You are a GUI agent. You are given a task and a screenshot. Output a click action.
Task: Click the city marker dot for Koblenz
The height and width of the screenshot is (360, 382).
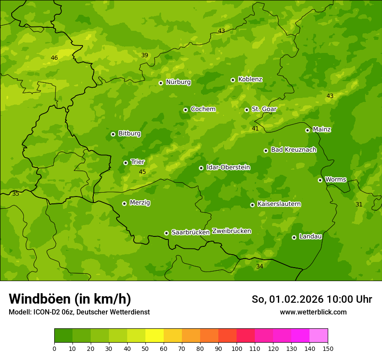[233, 80]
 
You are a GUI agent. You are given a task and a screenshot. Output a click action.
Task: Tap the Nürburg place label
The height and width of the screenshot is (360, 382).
[178, 82]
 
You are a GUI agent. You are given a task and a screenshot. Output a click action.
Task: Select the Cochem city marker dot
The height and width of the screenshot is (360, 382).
[185, 110]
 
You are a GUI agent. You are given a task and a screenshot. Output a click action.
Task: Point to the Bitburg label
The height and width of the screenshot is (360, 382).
[129, 134]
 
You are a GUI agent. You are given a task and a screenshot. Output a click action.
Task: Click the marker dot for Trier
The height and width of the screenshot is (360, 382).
[125, 163]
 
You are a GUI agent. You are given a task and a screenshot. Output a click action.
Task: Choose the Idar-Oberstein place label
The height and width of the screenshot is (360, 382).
[228, 167]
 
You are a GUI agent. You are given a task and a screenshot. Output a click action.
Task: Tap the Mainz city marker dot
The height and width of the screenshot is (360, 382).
[307, 130]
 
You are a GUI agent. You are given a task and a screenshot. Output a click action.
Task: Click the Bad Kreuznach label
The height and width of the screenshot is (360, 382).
[293, 150]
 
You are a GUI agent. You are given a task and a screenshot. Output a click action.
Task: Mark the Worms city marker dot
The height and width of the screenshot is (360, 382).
[320, 180]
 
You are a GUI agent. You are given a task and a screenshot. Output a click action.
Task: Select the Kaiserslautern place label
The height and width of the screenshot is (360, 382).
[279, 204]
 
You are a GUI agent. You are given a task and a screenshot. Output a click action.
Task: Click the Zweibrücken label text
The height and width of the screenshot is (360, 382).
[231, 231]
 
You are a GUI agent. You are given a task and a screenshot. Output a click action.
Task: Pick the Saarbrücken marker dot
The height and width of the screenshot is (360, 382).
[166, 233]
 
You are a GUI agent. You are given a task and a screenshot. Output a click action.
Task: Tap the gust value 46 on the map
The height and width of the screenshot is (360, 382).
[54, 58]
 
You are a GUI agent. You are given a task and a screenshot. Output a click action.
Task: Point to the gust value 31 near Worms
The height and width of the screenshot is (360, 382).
[359, 204]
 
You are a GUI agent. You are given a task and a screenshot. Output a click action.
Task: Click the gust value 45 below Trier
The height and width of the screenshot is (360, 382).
[142, 172]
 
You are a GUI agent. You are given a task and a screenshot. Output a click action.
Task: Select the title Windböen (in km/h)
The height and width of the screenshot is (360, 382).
[70, 299]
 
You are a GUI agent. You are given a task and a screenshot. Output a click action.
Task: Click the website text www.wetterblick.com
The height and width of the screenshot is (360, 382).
[313, 312]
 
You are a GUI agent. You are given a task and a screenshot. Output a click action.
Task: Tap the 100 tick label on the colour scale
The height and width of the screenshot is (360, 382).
[237, 349]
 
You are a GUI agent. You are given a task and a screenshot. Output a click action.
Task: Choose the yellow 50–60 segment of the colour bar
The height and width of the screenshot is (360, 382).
[155, 336]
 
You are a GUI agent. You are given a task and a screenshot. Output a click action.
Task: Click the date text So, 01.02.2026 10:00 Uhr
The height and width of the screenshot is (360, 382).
[312, 299]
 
